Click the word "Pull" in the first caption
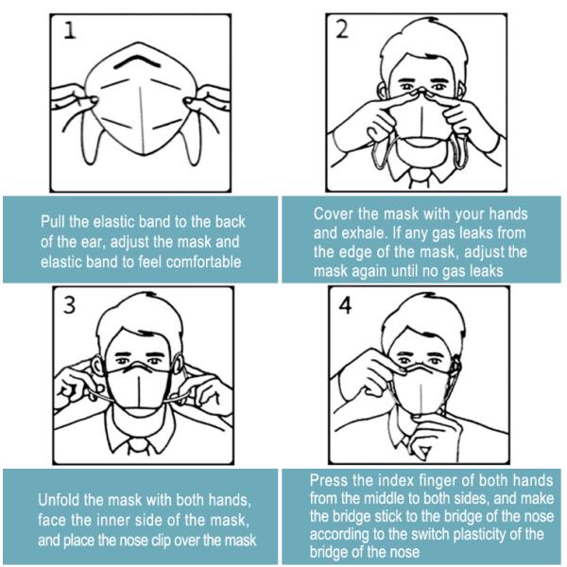56,221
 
